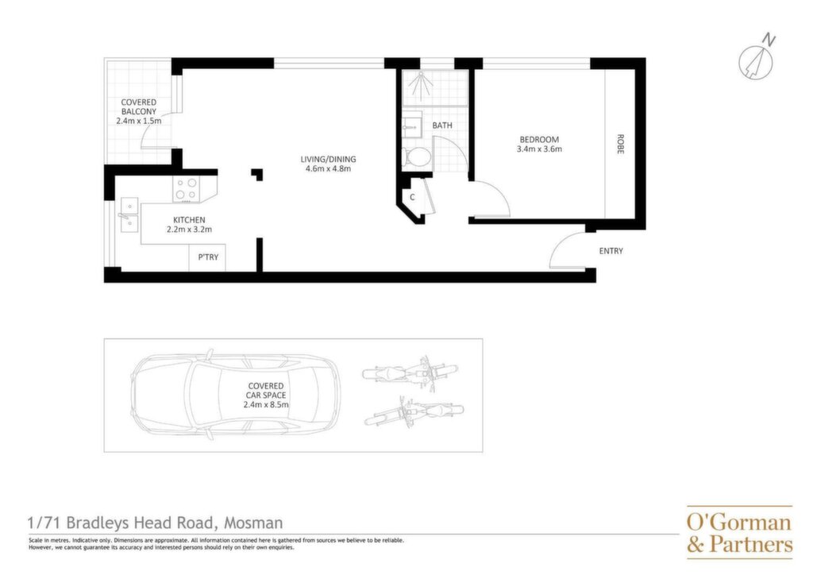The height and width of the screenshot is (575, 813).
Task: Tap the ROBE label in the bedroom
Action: [620, 144]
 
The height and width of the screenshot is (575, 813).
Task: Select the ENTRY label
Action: [611, 251]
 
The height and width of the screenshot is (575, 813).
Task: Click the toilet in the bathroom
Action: [416, 156]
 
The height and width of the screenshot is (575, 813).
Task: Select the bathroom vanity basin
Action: [412, 125]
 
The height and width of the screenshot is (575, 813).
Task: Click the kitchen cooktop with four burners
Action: [186, 189]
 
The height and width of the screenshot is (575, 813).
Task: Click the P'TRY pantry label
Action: [208, 257]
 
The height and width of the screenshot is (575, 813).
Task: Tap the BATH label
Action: [441, 125]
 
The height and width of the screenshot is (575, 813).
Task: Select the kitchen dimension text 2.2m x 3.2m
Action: [189, 230]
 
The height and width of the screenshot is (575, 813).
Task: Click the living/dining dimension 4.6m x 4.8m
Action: [328, 168]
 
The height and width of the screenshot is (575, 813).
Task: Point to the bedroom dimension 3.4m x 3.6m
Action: [539, 149]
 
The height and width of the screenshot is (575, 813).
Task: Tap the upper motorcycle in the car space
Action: [410, 371]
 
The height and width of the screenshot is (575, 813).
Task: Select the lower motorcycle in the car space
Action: [414, 411]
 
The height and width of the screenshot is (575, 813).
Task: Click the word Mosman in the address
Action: [253, 523]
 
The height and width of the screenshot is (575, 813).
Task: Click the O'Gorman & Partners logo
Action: [739, 532]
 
